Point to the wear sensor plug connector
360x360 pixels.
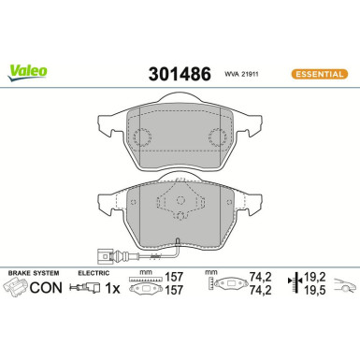click(x=107, y=250)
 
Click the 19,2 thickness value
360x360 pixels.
click(x=315, y=279)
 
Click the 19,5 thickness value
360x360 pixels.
click(x=315, y=291)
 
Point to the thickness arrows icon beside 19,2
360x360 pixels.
click(x=295, y=284)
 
